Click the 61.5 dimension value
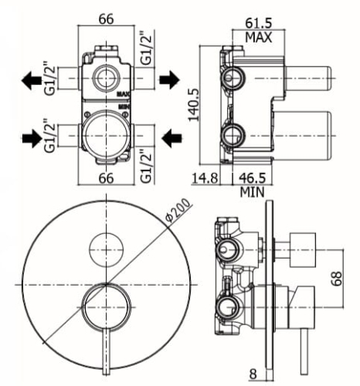pyautogui.click(x=258, y=23)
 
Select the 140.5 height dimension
pyautogui.click(x=194, y=105)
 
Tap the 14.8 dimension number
pyautogui.click(x=205, y=178)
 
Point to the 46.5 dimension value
pyautogui.click(x=253, y=178)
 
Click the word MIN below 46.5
pyautogui.click(x=253, y=191)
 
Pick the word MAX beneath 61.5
pyautogui.click(x=258, y=37)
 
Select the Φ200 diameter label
pyautogui.click(x=178, y=210)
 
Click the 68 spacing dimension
pyautogui.click(x=337, y=278)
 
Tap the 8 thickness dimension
pyautogui.click(x=253, y=374)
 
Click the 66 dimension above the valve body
pyautogui.click(x=106, y=19)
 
